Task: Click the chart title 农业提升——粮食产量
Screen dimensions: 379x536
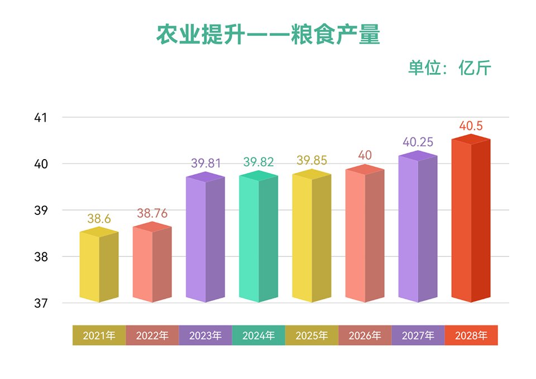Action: click(x=268, y=35)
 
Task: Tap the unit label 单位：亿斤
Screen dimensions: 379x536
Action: click(x=449, y=68)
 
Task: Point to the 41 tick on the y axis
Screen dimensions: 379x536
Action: click(x=40, y=118)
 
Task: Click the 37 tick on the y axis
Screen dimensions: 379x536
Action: click(x=40, y=304)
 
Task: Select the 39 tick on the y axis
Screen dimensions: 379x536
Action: click(x=40, y=211)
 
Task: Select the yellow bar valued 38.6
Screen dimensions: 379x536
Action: click(x=99, y=267)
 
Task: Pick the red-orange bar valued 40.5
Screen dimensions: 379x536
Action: click(x=471, y=220)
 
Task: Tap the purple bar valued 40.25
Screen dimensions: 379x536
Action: click(x=418, y=229)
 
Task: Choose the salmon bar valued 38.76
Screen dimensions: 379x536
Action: click(x=152, y=264)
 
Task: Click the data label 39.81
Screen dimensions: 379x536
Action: click(x=206, y=164)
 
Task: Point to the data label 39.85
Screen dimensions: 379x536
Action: click(x=312, y=161)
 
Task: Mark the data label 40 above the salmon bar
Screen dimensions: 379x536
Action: click(x=365, y=155)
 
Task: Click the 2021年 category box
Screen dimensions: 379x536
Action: click(x=99, y=335)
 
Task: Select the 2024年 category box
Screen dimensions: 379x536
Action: click(x=259, y=335)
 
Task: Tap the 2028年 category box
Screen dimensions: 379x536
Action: click(x=471, y=335)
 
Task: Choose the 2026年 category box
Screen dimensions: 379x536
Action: click(x=365, y=335)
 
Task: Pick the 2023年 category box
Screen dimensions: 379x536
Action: click(x=205, y=335)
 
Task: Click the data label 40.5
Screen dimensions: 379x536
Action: click(x=471, y=126)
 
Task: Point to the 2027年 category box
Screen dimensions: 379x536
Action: click(x=418, y=335)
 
